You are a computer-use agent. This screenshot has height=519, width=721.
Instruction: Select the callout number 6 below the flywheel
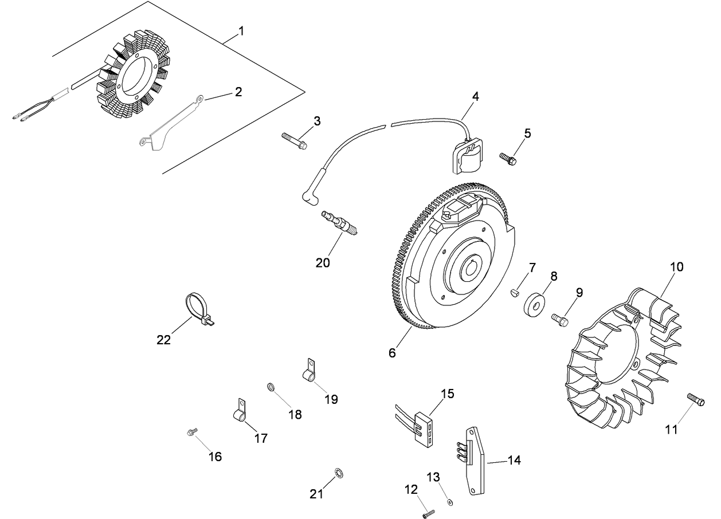click(392, 353)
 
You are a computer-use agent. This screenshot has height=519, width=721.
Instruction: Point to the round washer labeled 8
click(534, 303)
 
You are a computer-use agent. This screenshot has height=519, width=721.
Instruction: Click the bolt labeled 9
click(560, 319)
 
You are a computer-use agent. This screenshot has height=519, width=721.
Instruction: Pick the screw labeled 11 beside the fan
click(695, 399)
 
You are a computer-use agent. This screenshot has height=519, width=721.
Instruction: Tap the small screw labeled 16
click(192, 432)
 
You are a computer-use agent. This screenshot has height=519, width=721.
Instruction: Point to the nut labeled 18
click(270, 387)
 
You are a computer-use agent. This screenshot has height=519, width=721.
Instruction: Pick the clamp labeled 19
click(309, 372)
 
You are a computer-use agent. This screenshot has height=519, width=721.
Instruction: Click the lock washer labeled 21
click(339, 473)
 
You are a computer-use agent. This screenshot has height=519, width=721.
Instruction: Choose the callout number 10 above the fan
click(677, 267)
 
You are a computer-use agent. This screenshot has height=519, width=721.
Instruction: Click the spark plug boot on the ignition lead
click(309, 196)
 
